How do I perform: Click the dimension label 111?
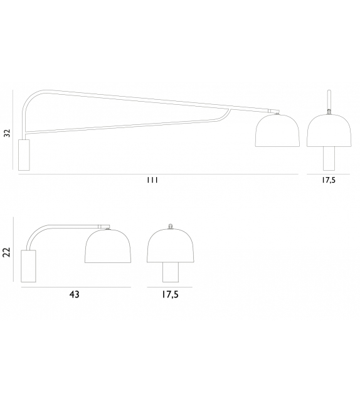tap(151, 180)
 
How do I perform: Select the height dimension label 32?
tap(7, 132)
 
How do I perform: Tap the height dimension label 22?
tap(7, 252)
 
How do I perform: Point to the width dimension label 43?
tap(75, 293)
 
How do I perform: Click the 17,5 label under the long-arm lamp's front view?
tap(329, 180)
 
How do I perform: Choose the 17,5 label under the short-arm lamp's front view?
tap(169, 293)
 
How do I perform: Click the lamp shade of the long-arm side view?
tap(275, 132)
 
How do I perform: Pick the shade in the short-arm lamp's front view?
tap(169, 247)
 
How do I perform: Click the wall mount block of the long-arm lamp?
tap(24, 154)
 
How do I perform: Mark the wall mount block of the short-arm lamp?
tap(29, 266)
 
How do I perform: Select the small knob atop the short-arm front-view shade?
tap(169, 226)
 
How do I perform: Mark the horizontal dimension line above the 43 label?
tap(75, 287)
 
